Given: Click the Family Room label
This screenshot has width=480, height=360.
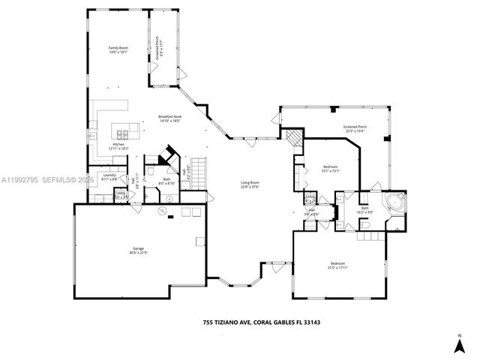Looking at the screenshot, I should tap(119, 50).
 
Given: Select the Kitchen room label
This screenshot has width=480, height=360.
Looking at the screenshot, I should tap(119, 146).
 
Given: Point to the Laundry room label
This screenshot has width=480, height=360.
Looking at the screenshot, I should tap(109, 177).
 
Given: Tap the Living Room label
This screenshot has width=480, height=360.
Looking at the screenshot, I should tap(250, 184).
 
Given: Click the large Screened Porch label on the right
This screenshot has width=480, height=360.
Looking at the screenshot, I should tap(355, 129).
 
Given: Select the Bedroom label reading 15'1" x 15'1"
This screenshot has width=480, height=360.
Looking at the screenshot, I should tap(331, 168).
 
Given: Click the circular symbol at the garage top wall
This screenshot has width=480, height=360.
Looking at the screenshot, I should tap(162, 212).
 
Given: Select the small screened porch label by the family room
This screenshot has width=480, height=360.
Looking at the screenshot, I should tap(158, 49).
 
